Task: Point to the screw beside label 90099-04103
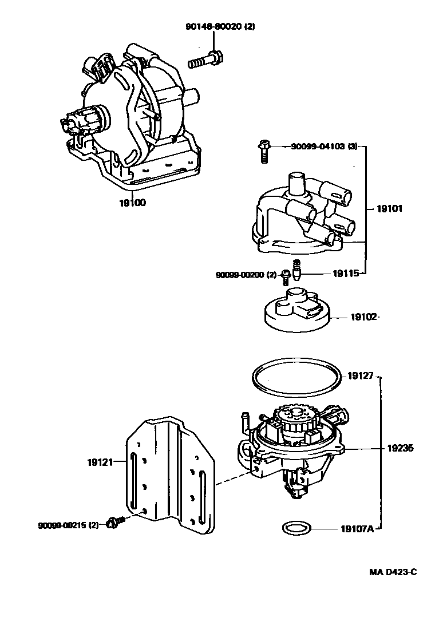tap(263, 151)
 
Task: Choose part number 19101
tap(389, 209)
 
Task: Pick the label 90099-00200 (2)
tap(246, 275)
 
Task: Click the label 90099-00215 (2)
tap(69, 525)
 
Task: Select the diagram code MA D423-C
tap(393, 572)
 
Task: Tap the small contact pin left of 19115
tap(296, 269)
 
